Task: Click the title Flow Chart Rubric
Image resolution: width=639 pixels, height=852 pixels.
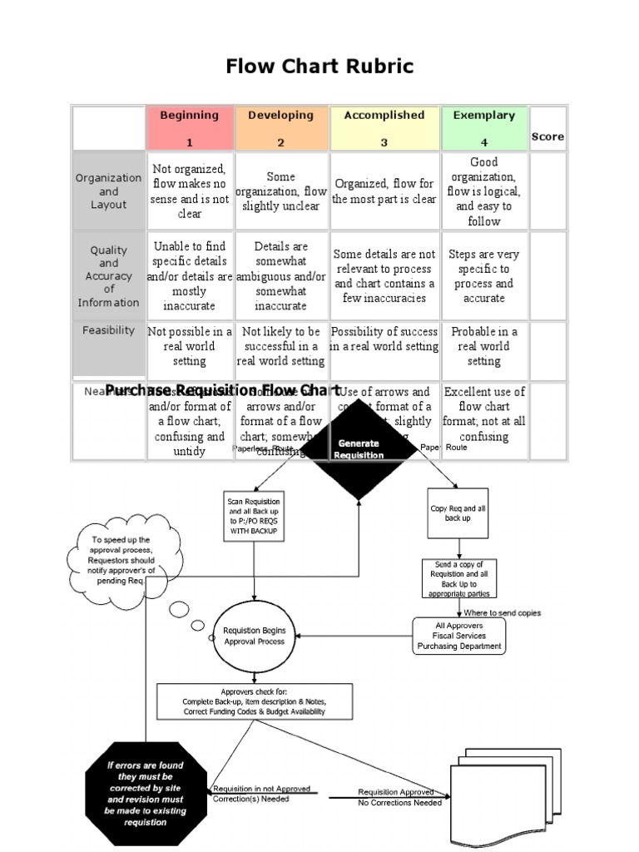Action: coord(319,67)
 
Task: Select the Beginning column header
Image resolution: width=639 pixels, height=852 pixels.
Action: coord(190,127)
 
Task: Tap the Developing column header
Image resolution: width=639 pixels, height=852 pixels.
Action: coord(281,127)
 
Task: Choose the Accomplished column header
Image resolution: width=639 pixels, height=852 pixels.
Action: coord(384,127)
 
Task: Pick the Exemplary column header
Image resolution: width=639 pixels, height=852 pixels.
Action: coord(483,127)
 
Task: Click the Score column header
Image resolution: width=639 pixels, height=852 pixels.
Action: coord(547,136)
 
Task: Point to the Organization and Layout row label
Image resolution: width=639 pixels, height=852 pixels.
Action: coord(108,191)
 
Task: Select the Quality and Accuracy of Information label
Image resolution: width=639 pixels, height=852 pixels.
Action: coord(108,276)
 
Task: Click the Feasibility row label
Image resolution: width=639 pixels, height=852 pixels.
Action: coord(108,330)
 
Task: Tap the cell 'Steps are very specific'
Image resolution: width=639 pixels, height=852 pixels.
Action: coord(483,276)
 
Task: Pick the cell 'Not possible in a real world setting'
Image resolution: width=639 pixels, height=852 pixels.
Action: coord(190,346)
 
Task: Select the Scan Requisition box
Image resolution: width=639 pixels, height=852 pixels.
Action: coord(254,516)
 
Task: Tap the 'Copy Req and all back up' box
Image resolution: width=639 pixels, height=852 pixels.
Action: coord(457,513)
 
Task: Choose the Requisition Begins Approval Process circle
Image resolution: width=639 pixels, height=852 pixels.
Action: coord(254,637)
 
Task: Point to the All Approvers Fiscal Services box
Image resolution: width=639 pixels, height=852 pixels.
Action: coord(459,636)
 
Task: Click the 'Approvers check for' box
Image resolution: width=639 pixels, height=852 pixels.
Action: coord(254,701)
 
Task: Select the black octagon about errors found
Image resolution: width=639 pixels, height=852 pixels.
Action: coord(135,793)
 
